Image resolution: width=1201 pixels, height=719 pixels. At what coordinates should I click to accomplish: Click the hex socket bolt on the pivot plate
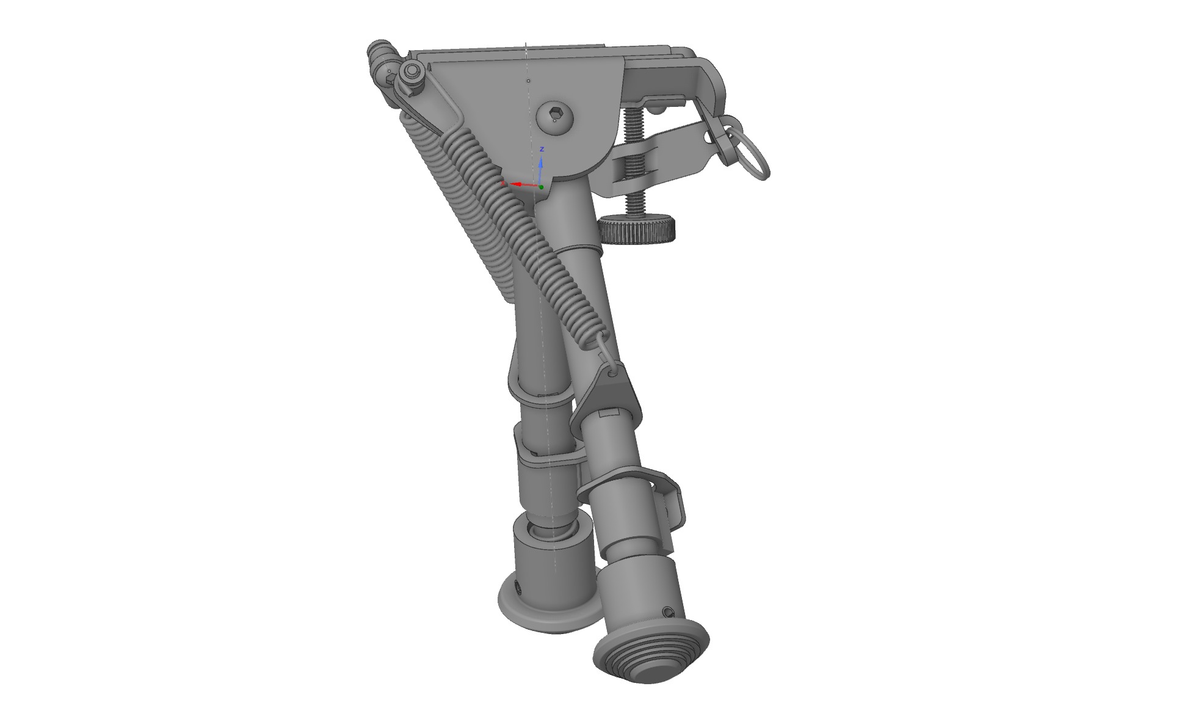click(x=556, y=115)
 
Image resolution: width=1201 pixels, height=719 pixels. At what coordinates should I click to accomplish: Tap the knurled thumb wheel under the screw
click(x=637, y=230)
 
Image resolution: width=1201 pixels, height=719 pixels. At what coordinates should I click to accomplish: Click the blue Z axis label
click(x=542, y=149)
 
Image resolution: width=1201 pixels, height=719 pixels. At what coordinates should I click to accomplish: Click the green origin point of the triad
click(x=541, y=187)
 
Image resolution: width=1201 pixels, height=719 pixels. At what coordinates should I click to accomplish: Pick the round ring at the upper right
click(x=754, y=156)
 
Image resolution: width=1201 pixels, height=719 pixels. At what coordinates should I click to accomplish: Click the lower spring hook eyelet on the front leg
click(x=612, y=370)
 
